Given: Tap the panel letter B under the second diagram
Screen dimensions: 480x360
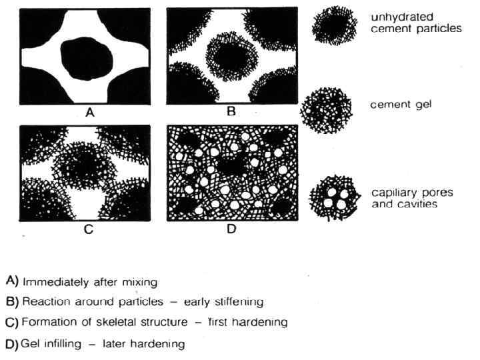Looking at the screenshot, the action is tap(231, 112).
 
